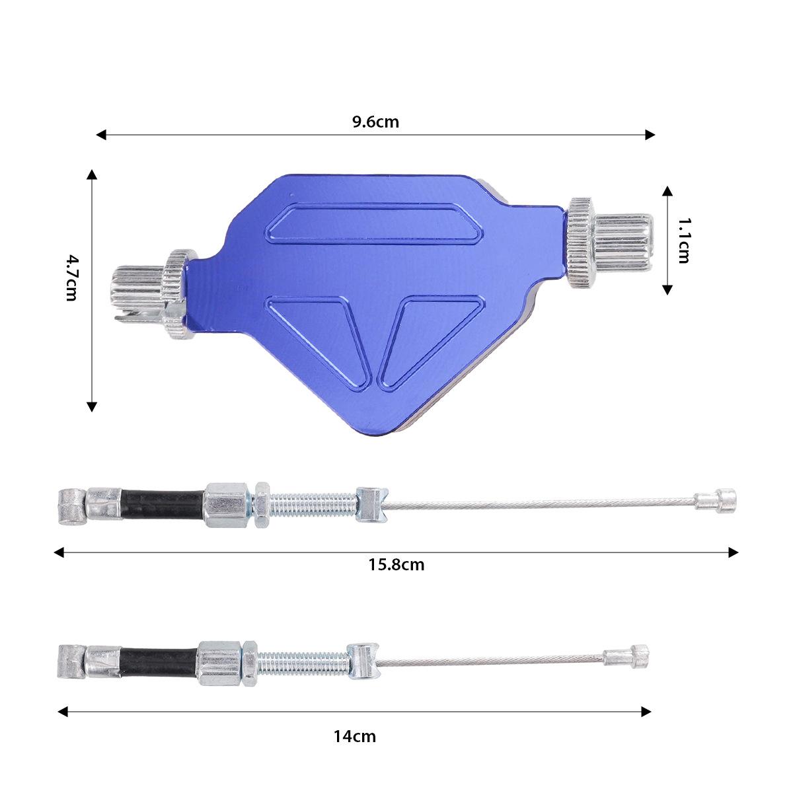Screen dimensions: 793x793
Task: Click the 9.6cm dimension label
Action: pyautogui.click(x=375, y=122)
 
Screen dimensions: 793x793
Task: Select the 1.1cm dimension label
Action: pyautogui.click(x=683, y=241)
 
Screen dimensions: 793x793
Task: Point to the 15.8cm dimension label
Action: pyautogui.click(x=396, y=564)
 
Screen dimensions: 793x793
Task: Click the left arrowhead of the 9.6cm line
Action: pyautogui.click(x=101, y=135)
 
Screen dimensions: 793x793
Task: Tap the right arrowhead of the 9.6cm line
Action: pyautogui.click(x=650, y=135)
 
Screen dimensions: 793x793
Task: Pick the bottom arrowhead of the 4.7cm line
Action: pyautogui.click(x=92, y=406)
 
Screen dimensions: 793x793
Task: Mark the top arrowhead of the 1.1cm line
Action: pyautogui.click(x=667, y=191)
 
